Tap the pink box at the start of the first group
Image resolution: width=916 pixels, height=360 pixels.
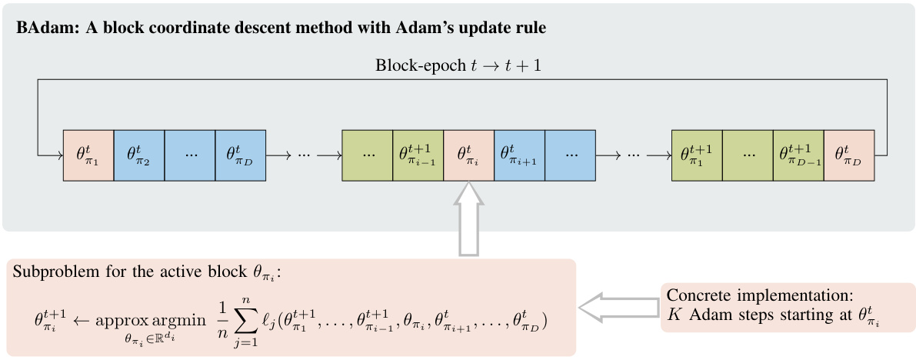(88, 155)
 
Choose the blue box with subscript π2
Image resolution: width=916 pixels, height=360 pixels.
(139, 155)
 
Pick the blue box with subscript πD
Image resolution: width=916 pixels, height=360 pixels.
(241, 155)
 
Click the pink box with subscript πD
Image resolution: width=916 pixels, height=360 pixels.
(849, 155)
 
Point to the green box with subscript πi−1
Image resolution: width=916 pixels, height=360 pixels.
(418, 155)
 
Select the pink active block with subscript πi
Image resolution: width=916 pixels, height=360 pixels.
(468, 155)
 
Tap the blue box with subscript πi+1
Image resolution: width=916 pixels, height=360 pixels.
(519, 155)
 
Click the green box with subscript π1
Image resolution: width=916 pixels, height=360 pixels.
(697, 155)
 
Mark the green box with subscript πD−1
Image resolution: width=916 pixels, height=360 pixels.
(798, 155)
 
